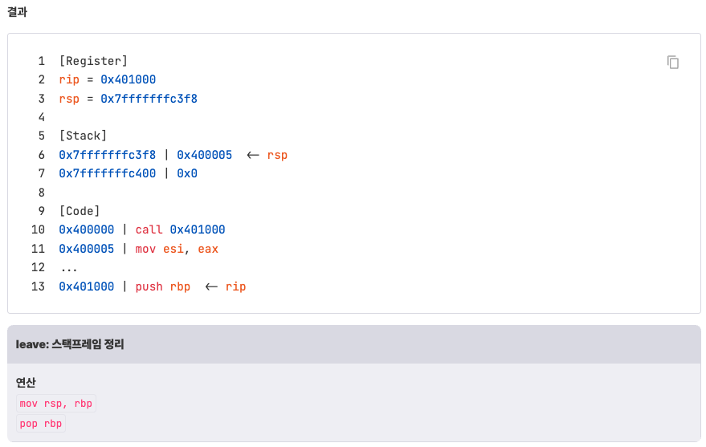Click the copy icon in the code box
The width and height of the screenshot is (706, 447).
tap(673, 63)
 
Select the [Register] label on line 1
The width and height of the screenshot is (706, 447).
tap(93, 61)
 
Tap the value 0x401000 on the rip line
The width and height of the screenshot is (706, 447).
tap(128, 79)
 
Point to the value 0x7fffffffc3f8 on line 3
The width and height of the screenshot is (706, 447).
tap(149, 99)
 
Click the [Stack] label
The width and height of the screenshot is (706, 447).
tap(83, 136)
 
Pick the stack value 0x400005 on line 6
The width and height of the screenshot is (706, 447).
tap(204, 155)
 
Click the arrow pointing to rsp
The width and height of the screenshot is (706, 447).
tap(252, 155)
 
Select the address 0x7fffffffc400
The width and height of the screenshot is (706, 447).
tap(108, 173)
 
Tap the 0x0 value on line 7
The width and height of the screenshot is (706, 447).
tap(187, 173)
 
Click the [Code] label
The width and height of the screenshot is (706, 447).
tap(80, 211)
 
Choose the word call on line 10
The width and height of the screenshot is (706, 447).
tap(149, 230)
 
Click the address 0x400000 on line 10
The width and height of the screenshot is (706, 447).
tap(87, 230)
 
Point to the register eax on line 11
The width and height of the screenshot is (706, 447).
tap(208, 249)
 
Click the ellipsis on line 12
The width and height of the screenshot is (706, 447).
tap(68, 267)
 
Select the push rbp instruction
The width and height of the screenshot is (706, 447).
tap(163, 286)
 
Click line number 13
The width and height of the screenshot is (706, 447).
tap(38, 286)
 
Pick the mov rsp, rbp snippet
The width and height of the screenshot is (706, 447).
tap(56, 404)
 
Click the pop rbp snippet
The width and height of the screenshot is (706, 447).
tap(41, 423)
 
